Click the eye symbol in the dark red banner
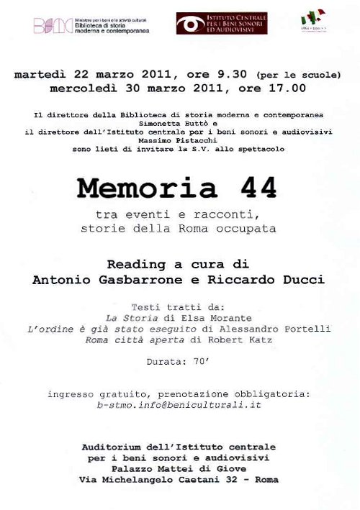pyautogui.click(x=192, y=24)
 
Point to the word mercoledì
pyautogui.click(x=81, y=88)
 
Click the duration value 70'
pyautogui.click(x=202, y=363)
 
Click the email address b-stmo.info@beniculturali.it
pyautogui.click(x=179, y=406)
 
